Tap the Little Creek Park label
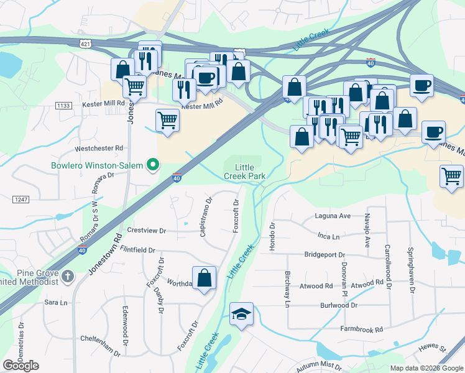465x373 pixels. [245, 172]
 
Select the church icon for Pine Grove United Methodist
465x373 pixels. [68, 275]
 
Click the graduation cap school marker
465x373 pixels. [241, 314]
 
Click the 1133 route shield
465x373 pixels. [63, 106]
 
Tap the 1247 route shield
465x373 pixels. [21, 198]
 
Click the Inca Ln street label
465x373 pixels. [328, 237]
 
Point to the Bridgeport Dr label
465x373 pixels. [325, 255]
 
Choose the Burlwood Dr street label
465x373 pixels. [339, 306]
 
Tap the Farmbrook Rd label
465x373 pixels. [361, 329]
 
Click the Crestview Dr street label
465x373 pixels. [147, 230]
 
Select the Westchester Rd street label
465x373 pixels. [99, 149]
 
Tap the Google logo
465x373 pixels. [21, 366]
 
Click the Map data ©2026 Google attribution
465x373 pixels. [426, 368]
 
